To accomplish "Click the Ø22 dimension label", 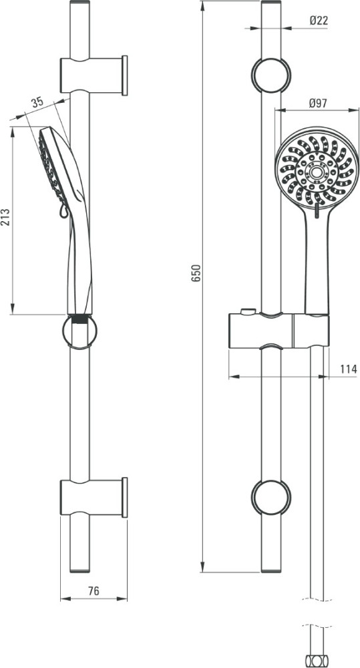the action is (x=319, y=21).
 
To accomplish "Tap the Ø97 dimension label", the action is (x=319, y=103).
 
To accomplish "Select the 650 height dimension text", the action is (x=196, y=273).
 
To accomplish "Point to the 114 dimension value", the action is (x=349, y=369).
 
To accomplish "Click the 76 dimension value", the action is (x=94, y=591).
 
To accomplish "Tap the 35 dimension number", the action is (x=37, y=102).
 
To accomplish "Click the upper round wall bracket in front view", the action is (x=271, y=75).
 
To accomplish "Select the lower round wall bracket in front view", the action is (x=271, y=498).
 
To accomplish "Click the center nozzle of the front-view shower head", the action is (x=316, y=172).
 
